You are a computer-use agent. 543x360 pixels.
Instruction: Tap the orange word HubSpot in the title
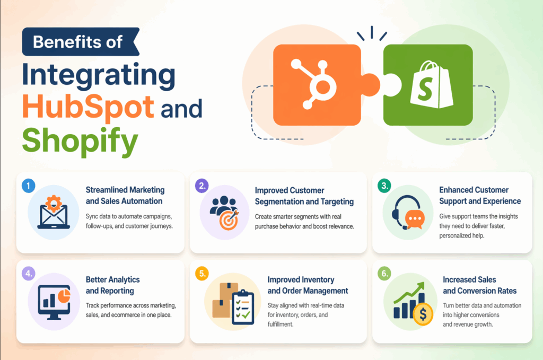tap(89, 108)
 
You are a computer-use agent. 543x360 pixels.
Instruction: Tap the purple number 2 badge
tap(202, 185)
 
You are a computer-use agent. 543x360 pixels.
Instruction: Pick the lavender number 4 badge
tap(28, 274)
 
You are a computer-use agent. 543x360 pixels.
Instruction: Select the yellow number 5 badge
tap(202, 274)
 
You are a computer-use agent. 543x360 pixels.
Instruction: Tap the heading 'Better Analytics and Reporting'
tap(112, 285)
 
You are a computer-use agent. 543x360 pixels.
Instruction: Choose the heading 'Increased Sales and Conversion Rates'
tap(479, 285)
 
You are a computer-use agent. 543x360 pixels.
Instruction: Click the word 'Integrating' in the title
tap(99, 75)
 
